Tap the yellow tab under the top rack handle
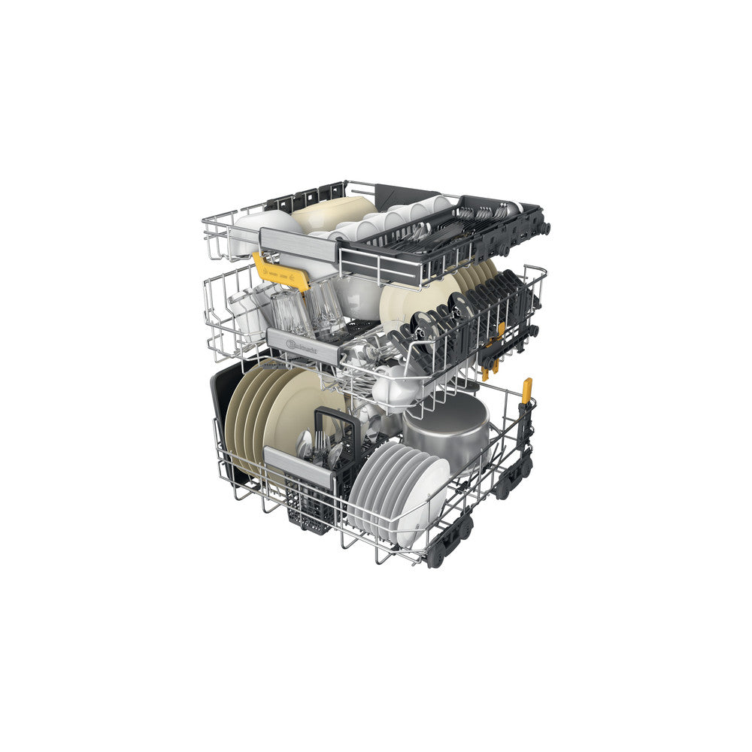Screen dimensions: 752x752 (281, 271)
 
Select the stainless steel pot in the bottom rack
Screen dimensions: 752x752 (447, 431)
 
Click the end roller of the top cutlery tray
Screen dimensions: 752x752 (544, 228)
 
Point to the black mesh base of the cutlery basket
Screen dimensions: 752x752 (308, 511)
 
